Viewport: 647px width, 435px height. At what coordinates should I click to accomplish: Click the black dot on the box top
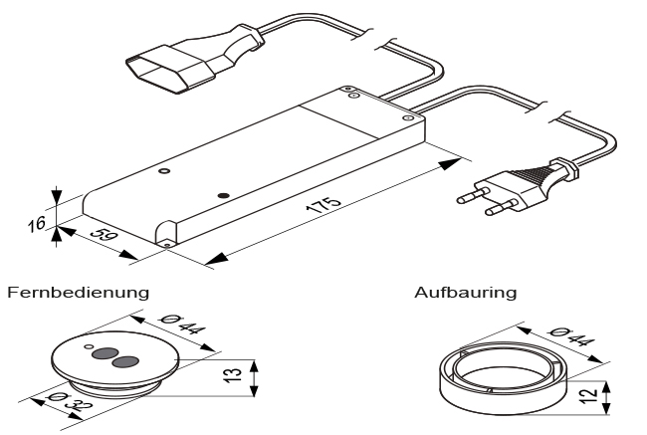(x=223, y=193)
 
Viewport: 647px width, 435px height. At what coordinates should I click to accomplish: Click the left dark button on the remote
(x=103, y=353)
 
